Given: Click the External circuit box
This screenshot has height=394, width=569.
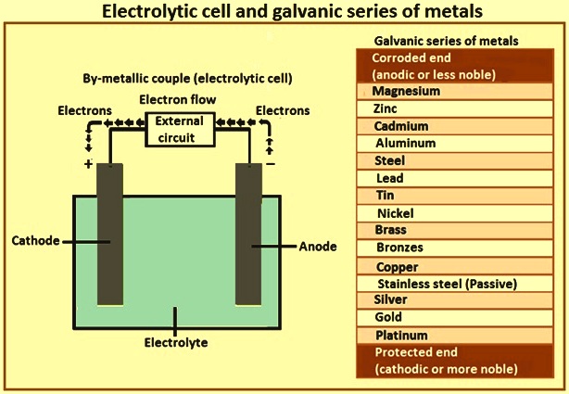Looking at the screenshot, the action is pyautogui.click(x=180, y=130).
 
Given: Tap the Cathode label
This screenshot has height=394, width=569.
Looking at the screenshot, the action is pyautogui.click(x=35, y=240).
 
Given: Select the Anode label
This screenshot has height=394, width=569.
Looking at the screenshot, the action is pyautogui.click(x=318, y=247).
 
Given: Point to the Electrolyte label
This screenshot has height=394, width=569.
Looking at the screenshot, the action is pyautogui.click(x=176, y=342).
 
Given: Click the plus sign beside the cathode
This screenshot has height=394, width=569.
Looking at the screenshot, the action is pyautogui.click(x=88, y=164).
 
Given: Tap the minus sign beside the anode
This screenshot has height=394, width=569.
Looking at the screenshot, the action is pyautogui.click(x=271, y=164).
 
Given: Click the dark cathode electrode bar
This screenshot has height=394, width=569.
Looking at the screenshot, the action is pyautogui.click(x=110, y=235).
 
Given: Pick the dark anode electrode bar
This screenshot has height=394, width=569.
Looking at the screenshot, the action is pyautogui.click(x=248, y=235).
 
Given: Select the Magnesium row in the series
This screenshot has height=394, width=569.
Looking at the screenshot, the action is pyautogui.click(x=455, y=91).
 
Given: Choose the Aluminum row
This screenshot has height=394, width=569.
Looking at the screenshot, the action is pyautogui.click(x=455, y=144).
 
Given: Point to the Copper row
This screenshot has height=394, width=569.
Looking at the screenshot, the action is pyautogui.click(x=455, y=267).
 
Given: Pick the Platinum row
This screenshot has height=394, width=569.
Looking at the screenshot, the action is pyautogui.click(x=455, y=336).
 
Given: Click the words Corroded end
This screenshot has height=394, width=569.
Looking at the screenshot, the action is pyautogui.click(x=411, y=57).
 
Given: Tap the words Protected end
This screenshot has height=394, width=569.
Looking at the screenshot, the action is pyautogui.click(x=416, y=352).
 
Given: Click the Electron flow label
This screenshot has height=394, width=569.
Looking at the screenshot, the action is pyautogui.click(x=178, y=99).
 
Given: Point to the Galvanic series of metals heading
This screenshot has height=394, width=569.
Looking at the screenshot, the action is pyautogui.click(x=446, y=41).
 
